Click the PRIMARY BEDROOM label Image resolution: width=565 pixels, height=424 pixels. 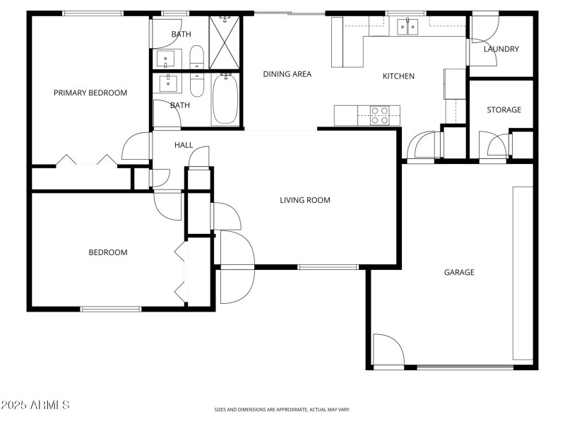tap(90, 93)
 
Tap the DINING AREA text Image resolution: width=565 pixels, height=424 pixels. tap(287, 73)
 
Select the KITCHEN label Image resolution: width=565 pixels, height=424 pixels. tap(398, 76)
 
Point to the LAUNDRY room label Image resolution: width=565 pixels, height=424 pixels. tap(501, 49)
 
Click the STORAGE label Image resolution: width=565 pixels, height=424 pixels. tap(504, 110)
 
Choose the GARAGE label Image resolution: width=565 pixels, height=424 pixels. tap(458, 272)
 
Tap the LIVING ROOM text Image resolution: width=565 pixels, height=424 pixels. tap(305, 200)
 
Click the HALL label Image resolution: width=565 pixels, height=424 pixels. tap(184, 145)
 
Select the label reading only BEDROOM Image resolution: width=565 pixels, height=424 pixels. tap(107, 252)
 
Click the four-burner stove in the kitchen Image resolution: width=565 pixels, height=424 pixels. tap(380, 114)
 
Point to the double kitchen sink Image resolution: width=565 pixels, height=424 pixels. tap(408, 27)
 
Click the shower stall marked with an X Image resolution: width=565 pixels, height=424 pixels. tap(225, 42)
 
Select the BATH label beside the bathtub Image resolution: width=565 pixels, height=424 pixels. tap(180, 105)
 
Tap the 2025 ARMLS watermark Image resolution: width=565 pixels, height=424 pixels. tap(35, 406)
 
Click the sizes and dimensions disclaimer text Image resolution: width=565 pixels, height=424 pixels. tap(282, 409)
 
